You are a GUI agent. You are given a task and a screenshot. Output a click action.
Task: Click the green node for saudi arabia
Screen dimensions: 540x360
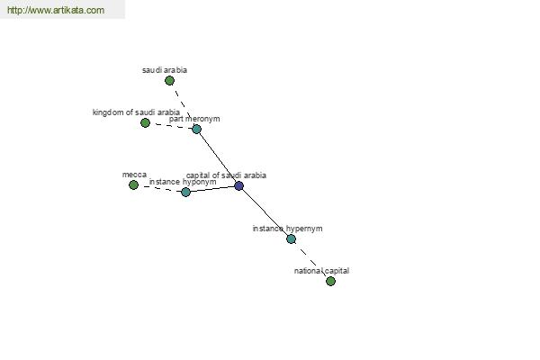click(169, 81)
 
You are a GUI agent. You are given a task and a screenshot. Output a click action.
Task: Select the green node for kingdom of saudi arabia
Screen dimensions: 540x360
click(145, 122)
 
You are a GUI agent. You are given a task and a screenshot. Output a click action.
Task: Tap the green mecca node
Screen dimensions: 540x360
click(133, 185)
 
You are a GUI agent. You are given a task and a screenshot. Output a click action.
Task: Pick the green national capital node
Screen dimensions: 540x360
click(330, 281)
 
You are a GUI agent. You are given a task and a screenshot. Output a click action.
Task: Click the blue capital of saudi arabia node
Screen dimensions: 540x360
click(239, 186)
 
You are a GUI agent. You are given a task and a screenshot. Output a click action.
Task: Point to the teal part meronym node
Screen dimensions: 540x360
click(196, 130)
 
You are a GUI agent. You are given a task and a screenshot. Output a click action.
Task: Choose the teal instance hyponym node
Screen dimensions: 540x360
click(185, 192)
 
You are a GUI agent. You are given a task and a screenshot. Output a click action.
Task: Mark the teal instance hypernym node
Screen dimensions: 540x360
click(291, 238)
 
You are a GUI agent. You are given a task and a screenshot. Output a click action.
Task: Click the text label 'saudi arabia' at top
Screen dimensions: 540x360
click(165, 70)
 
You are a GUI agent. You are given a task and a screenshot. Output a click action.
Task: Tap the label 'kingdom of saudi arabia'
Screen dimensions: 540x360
click(136, 112)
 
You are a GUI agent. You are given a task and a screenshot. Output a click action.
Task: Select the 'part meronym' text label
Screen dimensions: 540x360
click(194, 119)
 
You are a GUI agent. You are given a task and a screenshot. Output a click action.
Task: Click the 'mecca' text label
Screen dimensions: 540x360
click(134, 175)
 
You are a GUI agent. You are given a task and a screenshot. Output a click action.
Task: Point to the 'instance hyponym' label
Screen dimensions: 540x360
click(183, 182)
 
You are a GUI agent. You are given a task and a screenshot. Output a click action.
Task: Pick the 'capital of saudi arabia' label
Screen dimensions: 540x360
click(226, 175)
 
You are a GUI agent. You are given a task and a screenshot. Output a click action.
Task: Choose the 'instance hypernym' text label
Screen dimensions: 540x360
click(288, 229)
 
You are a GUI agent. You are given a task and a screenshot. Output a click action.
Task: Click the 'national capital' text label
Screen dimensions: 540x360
click(321, 271)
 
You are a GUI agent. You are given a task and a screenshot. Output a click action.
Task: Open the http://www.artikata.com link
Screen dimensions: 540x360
click(56, 10)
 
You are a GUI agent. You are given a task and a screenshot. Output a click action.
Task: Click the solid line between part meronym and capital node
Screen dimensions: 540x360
click(218, 157)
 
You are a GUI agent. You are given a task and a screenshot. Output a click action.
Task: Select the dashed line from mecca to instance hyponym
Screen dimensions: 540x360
click(159, 188)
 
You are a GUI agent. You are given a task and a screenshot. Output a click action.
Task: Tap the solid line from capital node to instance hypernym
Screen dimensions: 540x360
click(265, 212)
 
